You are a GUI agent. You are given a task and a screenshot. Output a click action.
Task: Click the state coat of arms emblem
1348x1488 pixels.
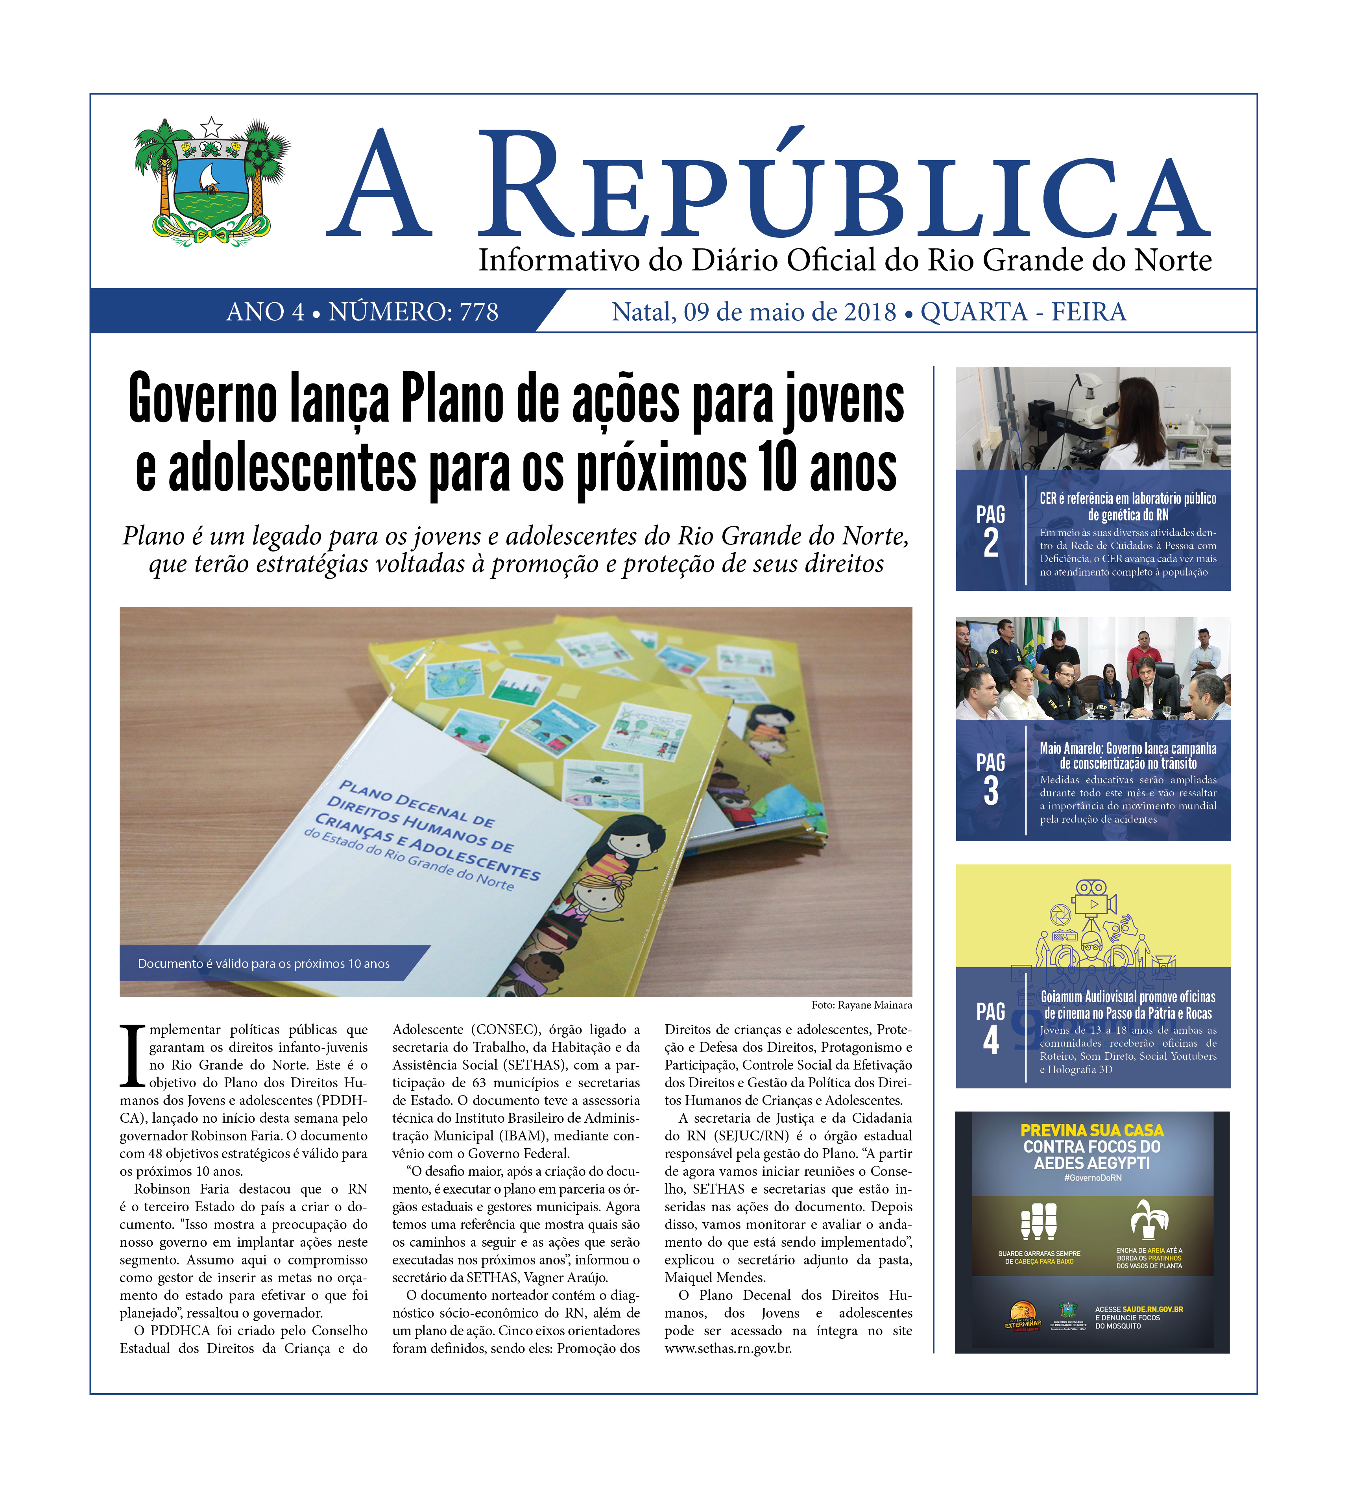[212, 181]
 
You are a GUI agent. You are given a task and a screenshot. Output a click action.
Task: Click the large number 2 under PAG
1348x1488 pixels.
[990, 542]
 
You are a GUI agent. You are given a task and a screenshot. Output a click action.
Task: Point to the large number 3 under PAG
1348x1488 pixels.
[990, 790]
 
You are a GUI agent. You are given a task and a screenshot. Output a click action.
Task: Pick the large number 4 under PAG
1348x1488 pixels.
[990, 1039]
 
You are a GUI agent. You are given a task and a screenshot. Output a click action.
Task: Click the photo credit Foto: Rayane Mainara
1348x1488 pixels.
[861, 1005]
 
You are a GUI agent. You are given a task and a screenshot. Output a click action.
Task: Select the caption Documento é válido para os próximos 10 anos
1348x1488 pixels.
[263, 963]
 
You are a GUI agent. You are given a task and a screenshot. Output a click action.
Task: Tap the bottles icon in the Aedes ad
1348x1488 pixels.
[1038, 1220]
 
